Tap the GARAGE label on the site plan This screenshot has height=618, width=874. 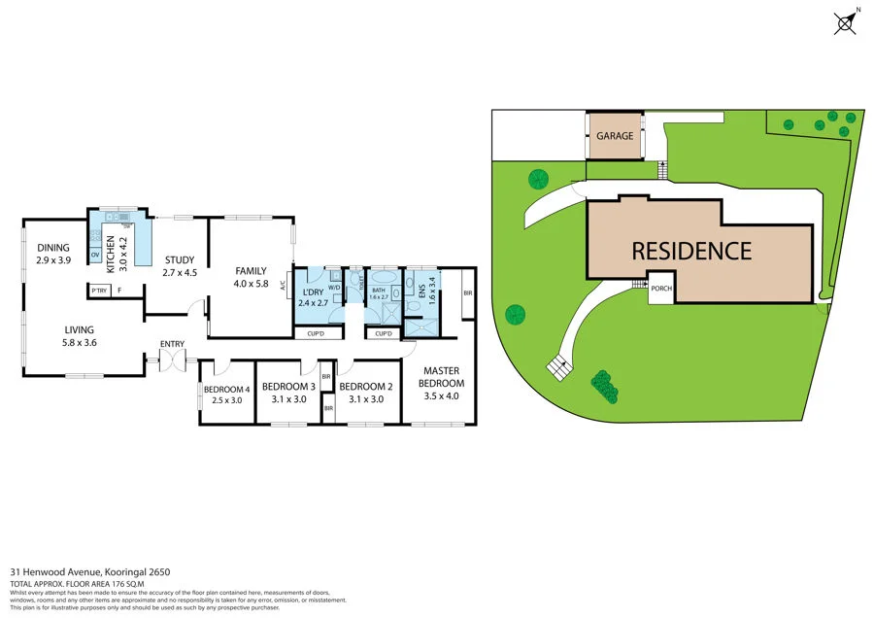tap(615, 136)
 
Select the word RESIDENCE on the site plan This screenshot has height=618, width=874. tap(691, 251)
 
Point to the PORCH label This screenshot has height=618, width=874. tap(661, 289)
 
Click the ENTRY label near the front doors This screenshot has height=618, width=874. tap(172, 344)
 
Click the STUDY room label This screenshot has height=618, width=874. tap(180, 260)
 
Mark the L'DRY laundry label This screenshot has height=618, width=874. tap(313, 292)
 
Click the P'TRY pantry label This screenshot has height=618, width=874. tap(98, 290)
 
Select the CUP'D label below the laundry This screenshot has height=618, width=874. tap(316, 334)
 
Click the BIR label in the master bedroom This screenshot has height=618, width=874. tap(467, 292)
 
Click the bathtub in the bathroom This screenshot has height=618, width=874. tap(380, 288)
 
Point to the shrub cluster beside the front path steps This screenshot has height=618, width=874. tap(604, 386)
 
